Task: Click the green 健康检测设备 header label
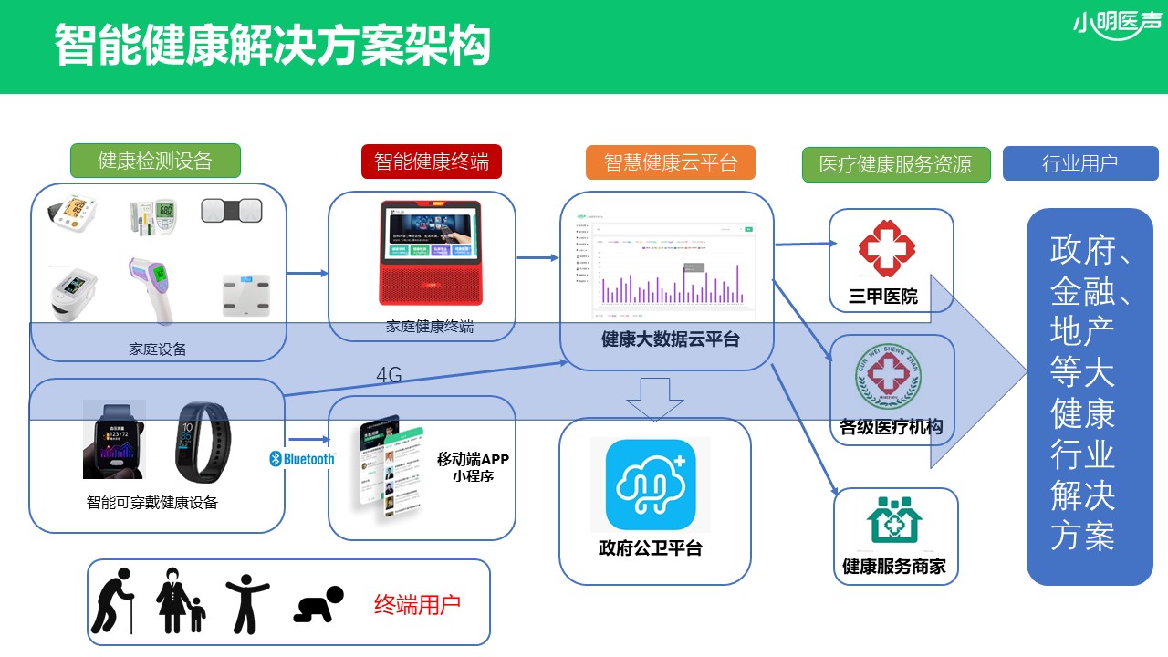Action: coord(155,162)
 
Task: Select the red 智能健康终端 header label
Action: coord(431,162)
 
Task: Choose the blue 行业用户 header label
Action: coord(1079,164)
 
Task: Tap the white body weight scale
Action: coord(245,295)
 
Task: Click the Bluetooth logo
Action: coord(302,459)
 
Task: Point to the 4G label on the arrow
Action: coord(389,375)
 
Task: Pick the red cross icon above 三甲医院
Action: coord(886,247)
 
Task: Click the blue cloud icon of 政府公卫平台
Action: coord(651,485)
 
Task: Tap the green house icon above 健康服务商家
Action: coord(894,521)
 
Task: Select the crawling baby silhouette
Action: coord(318,605)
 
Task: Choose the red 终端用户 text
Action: coord(417,604)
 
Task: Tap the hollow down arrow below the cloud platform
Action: coord(655,399)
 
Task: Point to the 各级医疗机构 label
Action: coord(891,426)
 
